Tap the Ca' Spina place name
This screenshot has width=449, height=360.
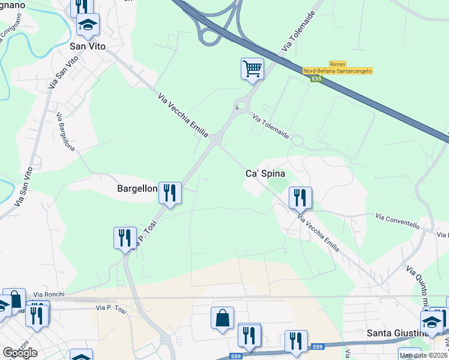265,173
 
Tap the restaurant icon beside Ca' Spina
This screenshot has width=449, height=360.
300,197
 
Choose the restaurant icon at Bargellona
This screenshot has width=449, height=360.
170,192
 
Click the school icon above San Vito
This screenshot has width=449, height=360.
88,25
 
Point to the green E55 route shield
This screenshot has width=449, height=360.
316,78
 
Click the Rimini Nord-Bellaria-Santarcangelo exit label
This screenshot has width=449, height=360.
337,67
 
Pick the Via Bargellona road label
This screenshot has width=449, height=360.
65,131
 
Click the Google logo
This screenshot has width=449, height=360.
20,353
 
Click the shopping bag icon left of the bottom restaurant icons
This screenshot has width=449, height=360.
222,318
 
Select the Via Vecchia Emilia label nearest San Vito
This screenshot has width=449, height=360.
181,115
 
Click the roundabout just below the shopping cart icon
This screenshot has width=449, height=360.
241,107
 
